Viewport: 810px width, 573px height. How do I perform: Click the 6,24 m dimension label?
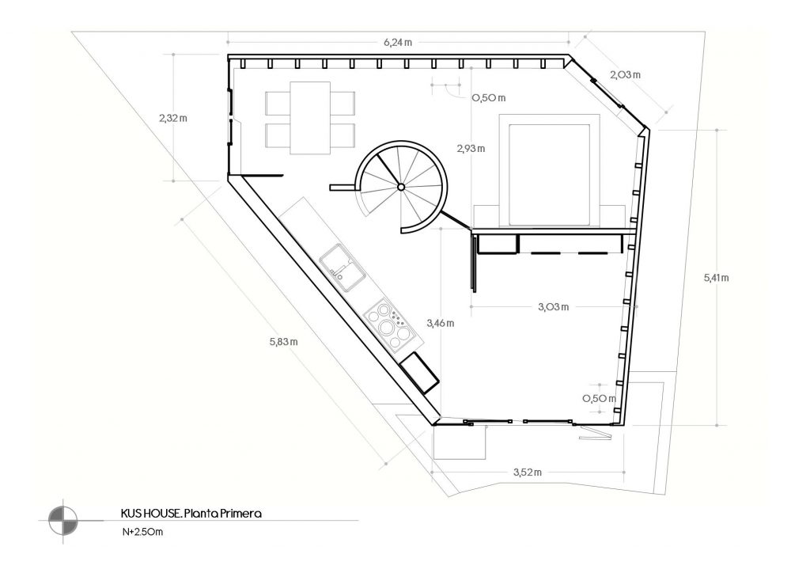coord(398,43)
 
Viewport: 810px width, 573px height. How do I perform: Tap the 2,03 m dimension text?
coord(625,75)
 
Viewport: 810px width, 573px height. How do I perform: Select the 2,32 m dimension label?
coord(173,118)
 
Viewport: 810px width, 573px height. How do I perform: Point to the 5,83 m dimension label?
coord(284,342)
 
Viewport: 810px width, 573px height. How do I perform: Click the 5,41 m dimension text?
coord(716,278)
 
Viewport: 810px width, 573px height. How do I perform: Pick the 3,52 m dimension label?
coord(528,472)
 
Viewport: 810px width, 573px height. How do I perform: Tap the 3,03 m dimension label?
coord(553,307)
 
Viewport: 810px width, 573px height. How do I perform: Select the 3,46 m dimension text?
coord(440,324)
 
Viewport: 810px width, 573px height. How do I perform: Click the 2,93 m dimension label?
coord(471,149)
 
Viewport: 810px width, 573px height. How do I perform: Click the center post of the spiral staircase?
coord(401,187)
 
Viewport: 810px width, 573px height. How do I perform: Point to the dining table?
coord(310,118)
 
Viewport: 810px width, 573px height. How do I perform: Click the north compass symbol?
coord(63,521)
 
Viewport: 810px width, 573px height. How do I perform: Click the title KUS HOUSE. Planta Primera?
coord(191,514)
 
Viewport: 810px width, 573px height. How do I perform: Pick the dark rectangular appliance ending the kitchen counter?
coord(419,373)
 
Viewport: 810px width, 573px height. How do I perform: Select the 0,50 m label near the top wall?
coord(489,98)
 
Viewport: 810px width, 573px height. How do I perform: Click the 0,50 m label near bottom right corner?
coord(600,399)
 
